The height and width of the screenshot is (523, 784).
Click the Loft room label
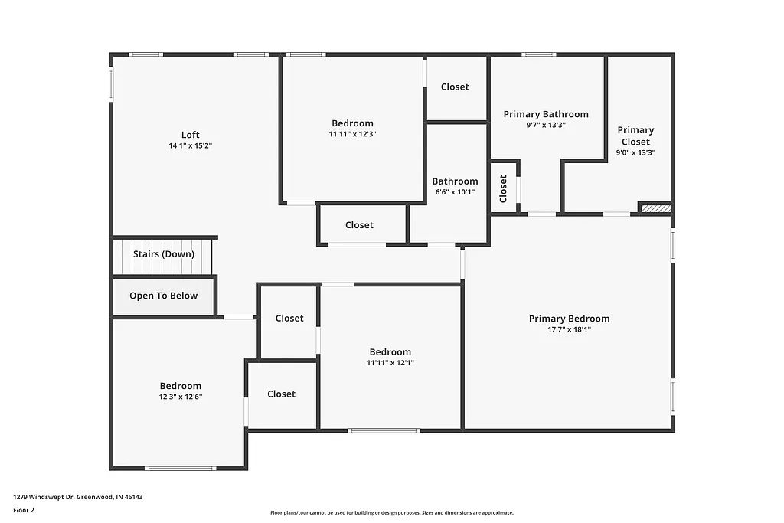(190, 135)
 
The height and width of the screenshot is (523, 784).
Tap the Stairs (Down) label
(163, 254)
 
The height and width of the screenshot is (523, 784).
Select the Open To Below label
(163, 296)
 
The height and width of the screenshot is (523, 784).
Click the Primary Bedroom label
(569, 319)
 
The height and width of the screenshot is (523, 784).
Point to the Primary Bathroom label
(546, 114)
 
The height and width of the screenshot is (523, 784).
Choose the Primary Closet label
(635, 136)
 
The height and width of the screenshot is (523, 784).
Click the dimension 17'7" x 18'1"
(569, 329)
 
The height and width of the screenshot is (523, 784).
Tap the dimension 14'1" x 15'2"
(190, 145)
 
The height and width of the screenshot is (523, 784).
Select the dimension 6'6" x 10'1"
(455, 192)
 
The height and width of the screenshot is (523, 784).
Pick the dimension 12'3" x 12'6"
(181, 397)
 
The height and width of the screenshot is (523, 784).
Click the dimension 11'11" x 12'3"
(352, 134)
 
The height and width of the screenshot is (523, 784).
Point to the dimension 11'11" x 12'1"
(390, 363)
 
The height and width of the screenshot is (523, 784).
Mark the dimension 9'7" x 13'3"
(546, 125)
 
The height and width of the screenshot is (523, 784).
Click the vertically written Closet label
(503, 188)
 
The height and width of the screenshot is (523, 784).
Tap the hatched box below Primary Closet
(655, 208)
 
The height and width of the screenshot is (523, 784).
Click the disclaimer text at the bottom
(391, 513)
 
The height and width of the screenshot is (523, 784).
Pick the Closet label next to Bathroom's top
(455, 87)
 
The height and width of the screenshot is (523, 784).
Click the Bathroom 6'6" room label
(455, 181)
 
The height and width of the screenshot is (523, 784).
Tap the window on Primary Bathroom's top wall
(539, 54)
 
